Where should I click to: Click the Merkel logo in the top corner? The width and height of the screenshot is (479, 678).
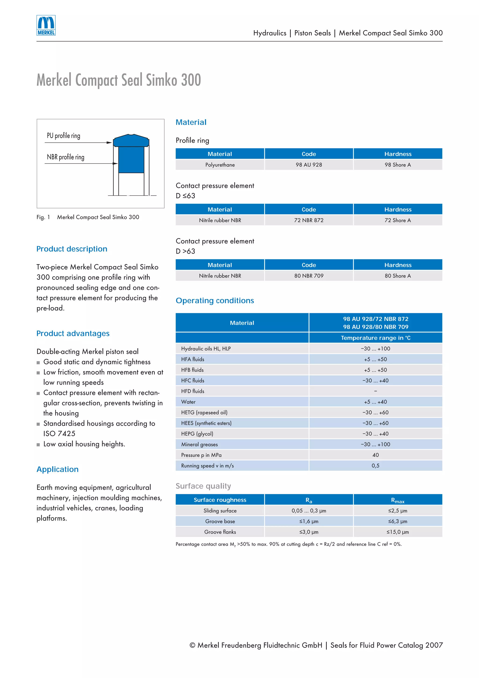tap(46, 26)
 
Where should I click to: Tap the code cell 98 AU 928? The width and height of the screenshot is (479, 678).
tap(309, 165)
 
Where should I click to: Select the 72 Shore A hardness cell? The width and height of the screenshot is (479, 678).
tap(398, 220)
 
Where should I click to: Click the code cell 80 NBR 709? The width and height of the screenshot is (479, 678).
tap(309, 276)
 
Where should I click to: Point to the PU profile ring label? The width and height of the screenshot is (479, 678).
tap(63, 135)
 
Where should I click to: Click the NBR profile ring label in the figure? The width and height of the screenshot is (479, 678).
tap(65, 157)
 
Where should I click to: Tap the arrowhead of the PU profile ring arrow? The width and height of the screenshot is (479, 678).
tap(109, 143)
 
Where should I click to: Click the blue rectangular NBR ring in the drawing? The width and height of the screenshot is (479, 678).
tap(131, 160)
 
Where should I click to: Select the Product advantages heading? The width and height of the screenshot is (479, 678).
tap(73, 333)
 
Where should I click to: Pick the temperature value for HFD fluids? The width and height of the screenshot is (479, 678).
tap(375, 391)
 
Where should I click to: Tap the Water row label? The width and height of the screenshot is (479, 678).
tap(188, 402)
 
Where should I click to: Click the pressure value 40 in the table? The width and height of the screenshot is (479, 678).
tap(375, 455)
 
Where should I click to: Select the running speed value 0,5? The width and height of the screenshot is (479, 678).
tap(375, 466)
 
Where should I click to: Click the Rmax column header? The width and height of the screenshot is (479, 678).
tap(398, 500)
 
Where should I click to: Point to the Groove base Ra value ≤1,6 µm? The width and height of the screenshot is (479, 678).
tap(309, 521)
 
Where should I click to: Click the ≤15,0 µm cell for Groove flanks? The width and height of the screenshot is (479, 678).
tap(398, 532)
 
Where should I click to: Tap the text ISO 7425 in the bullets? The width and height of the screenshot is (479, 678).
tap(59, 434)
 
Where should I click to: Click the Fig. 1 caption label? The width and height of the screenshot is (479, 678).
tap(43, 217)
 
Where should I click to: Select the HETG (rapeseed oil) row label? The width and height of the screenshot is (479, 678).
tap(204, 412)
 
